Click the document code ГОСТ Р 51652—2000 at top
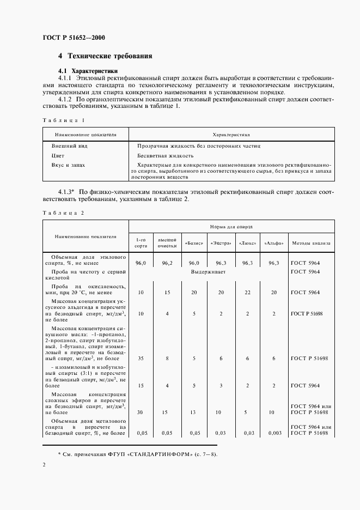click(74, 38)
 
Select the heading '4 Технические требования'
click(105, 56)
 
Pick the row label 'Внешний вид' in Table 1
click(69, 146)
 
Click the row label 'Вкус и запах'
click(69, 164)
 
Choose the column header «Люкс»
click(247, 242)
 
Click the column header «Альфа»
click(274, 242)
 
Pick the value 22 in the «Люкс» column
click(247, 293)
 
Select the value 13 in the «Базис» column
click(194, 412)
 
